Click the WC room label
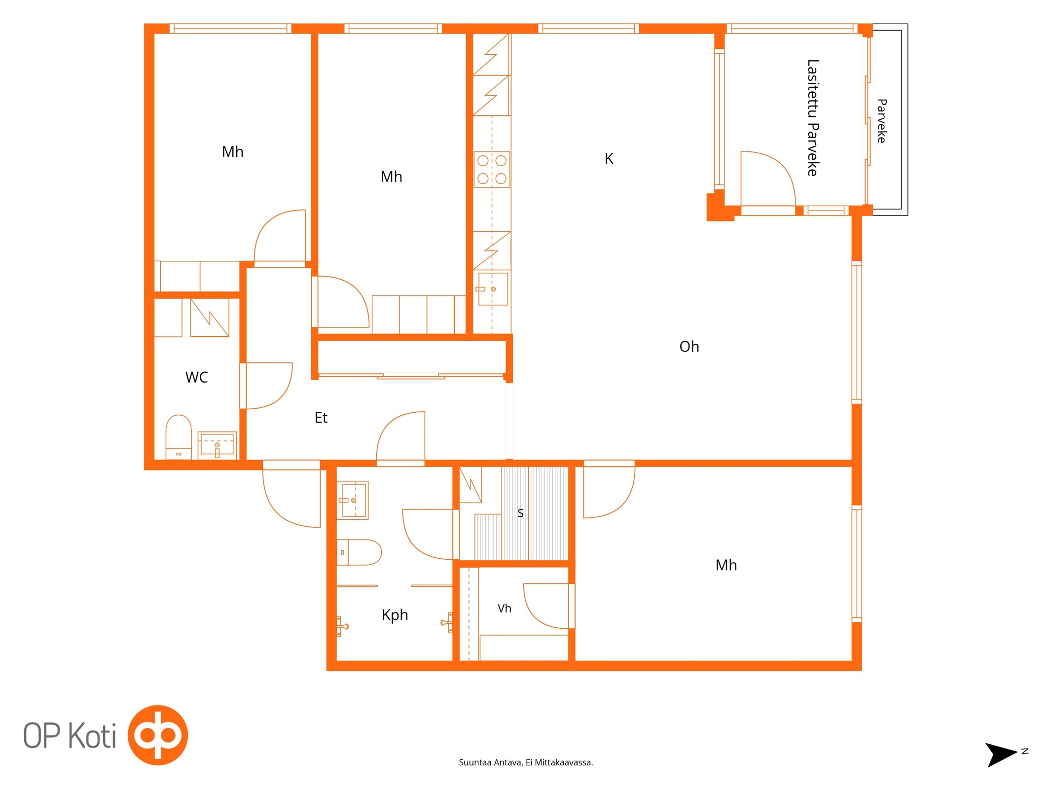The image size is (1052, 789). coord(196,377)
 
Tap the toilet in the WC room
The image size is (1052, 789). coord(179,437)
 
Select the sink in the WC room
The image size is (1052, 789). coord(217,445)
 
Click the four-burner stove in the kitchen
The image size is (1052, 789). coord(492,170)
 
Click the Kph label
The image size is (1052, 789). coord(395,615)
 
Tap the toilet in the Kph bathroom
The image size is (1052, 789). coord(359,552)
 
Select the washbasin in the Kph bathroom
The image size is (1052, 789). coord(352,500)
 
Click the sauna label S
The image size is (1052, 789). coord(520,513)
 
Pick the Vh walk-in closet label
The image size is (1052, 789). coord(504,609)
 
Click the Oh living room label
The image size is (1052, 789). coord(689,347)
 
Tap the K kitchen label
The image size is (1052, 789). coord(609,159)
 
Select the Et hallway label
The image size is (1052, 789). coord(321,418)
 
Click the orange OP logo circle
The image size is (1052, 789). coord(158,735)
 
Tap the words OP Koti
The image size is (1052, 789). coord(70,735)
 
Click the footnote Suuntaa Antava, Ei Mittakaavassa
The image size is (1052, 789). coord(526,762)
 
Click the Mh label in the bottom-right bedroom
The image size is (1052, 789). coord(726,565)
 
